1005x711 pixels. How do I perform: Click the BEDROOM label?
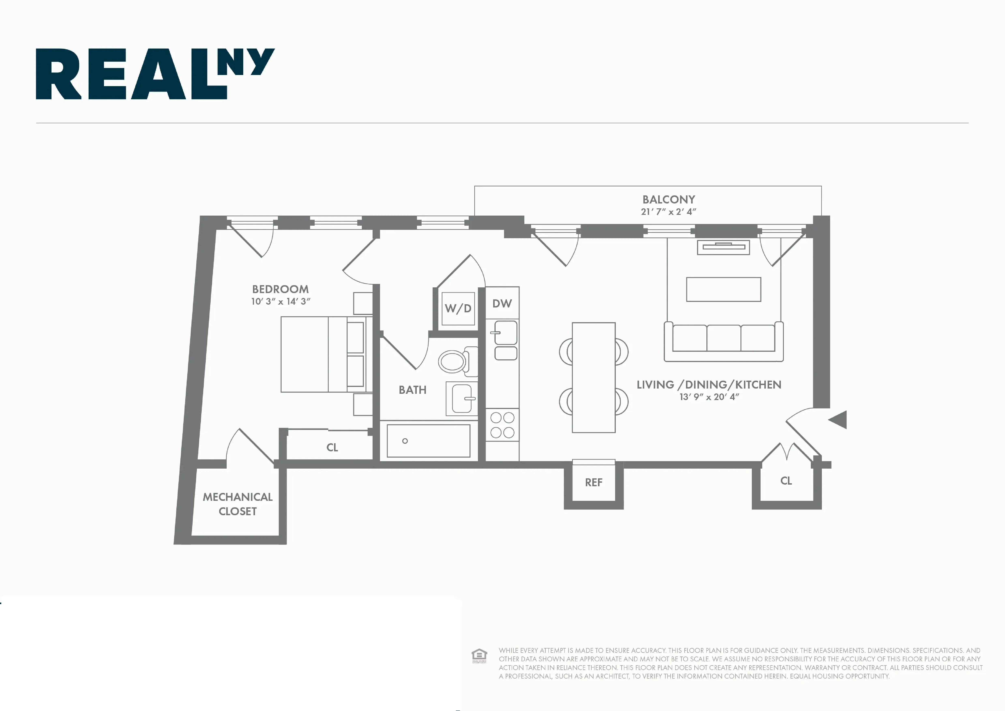280,289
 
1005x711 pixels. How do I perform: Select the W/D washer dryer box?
458,309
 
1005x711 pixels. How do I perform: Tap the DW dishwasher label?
502,303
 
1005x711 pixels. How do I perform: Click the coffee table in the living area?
723,289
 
